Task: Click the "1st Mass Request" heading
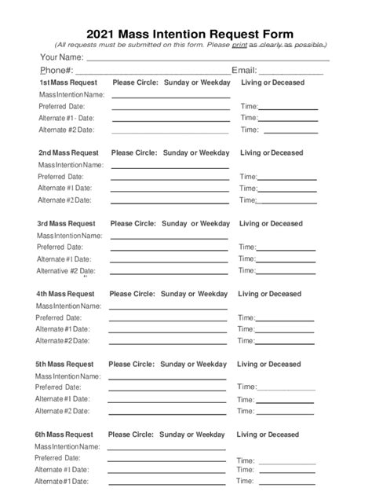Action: click(68, 82)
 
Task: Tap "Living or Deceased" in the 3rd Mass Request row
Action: click(270, 224)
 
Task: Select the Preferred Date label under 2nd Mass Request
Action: click(61, 177)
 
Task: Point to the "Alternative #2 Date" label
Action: click(67, 271)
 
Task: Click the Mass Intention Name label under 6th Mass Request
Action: click(67, 446)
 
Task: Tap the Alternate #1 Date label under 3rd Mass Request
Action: click(64, 258)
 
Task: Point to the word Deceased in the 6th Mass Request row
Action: click(282, 434)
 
